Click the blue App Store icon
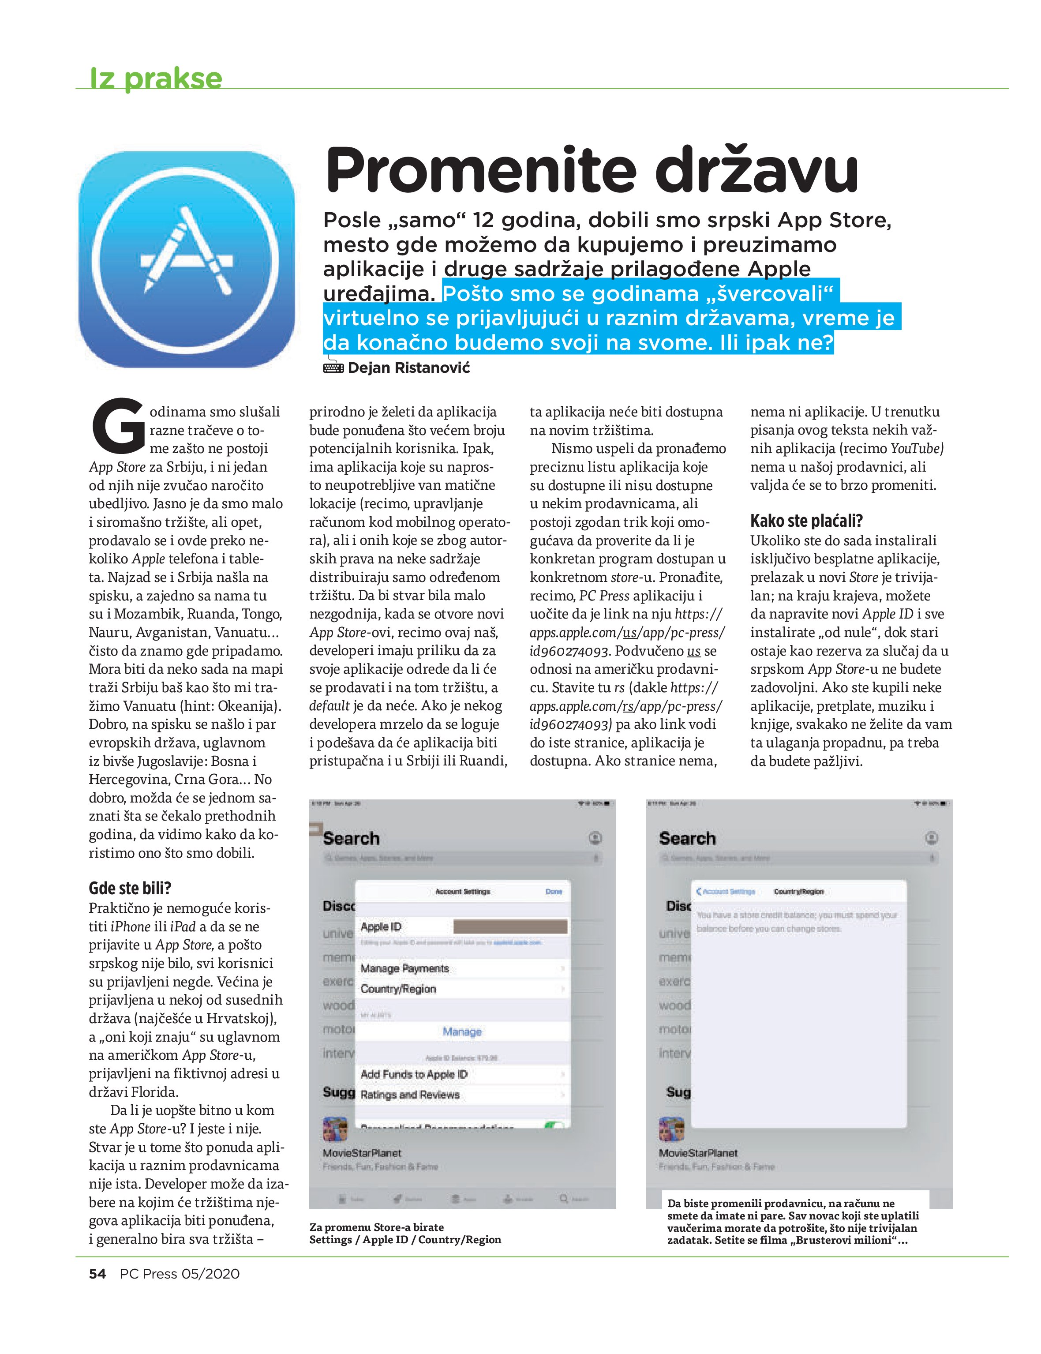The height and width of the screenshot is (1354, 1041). click(187, 259)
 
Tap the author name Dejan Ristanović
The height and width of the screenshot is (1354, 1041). click(409, 368)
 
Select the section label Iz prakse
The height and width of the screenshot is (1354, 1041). click(156, 79)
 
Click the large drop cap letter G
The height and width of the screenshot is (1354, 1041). click(118, 425)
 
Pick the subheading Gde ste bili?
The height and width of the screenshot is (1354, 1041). click(130, 888)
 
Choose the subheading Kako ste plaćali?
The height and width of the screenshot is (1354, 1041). click(806, 521)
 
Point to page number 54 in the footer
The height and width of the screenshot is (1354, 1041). click(97, 1273)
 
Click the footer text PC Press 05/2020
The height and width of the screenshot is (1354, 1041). click(180, 1273)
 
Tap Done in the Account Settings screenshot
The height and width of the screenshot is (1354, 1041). click(553, 891)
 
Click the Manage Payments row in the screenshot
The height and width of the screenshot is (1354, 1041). click(404, 968)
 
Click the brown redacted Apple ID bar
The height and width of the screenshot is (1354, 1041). click(510, 926)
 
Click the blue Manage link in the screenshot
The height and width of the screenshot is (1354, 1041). click(462, 1031)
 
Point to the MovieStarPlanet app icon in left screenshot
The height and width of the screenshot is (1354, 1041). click(335, 1129)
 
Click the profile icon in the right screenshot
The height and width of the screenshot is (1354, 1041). click(931, 838)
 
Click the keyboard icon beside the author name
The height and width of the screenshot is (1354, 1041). click(333, 368)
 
